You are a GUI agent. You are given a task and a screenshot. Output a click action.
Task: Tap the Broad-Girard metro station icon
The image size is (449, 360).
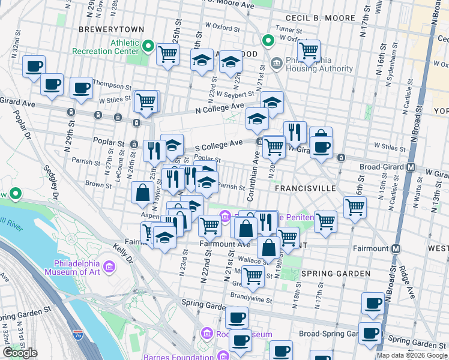tap(412, 166)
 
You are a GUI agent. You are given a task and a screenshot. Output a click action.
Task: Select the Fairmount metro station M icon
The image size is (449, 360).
tap(396, 248)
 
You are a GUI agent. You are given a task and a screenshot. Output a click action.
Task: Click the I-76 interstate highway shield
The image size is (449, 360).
tap(77, 335)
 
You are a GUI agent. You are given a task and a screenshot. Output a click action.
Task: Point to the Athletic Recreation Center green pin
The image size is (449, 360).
tap(147, 45)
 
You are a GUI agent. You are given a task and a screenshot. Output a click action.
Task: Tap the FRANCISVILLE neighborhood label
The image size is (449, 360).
tap(305, 188)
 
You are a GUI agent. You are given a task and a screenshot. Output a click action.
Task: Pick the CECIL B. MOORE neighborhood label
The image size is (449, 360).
tap(321, 18)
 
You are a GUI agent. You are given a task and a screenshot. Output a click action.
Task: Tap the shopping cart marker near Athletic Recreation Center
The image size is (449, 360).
tap(167, 53)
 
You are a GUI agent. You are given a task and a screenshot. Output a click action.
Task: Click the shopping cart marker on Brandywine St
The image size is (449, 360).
tap(253, 276)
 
